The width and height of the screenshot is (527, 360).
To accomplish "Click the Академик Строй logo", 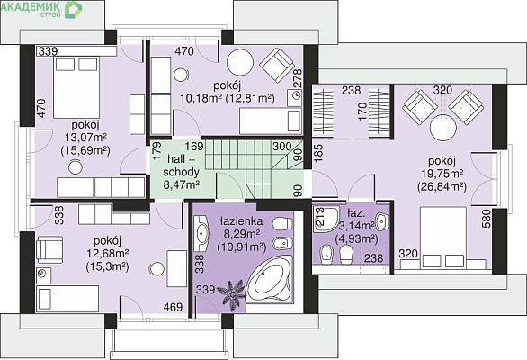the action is click(42, 9).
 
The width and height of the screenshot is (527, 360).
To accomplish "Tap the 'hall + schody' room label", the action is click(181, 166).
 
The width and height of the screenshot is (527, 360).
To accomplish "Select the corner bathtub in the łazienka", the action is click(269, 279).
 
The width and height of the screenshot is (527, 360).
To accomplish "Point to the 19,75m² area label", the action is click(442, 174).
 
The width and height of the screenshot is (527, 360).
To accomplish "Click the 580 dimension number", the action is click(487, 220).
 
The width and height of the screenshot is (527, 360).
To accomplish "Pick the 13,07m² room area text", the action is click(85, 138).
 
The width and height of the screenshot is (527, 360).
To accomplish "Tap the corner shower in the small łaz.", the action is click(326, 219).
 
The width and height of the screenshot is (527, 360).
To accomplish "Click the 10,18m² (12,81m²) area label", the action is click(228, 98).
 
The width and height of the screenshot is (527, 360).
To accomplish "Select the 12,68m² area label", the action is click(107, 253).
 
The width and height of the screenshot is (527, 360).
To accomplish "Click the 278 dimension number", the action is click(298, 78).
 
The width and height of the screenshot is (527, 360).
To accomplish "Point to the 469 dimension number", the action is click(173, 307).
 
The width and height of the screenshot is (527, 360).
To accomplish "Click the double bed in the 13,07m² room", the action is click(76, 87).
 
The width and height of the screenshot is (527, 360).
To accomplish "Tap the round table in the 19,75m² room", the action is click(443, 129).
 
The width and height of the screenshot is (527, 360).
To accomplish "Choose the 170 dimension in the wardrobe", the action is click(362, 112).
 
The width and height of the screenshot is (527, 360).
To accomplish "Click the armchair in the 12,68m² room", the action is click(49, 249).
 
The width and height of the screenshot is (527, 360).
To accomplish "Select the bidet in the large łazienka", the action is click(281, 244).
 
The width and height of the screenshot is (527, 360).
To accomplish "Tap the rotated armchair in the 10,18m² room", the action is click(278, 66).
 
